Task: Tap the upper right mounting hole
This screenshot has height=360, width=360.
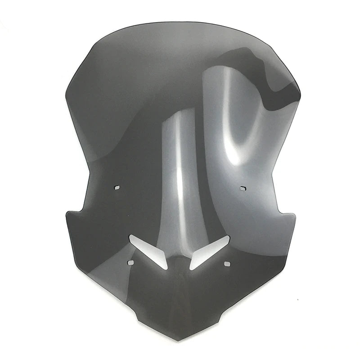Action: [x=243, y=188]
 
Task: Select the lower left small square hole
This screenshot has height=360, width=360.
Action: [x=130, y=262]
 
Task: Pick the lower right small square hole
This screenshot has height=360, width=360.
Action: [x=227, y=262]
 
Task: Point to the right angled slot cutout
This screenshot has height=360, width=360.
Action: [x=210, y=252]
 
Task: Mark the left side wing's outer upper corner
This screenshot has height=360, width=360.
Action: [x=66, y=212]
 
